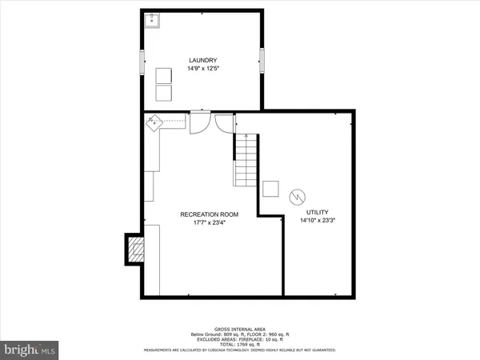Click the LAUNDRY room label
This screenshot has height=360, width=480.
coord(202,61)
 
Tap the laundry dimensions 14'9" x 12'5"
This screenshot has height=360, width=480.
coord(202,69)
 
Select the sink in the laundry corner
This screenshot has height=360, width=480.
coord(152,20)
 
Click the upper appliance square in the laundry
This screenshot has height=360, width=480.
coord(163,75)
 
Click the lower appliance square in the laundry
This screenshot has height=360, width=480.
coord(163,93)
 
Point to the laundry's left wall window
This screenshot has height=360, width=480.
coord(142,59)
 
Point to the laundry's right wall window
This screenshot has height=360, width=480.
coord(262,59)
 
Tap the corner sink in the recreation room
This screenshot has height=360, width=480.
coord(154,122)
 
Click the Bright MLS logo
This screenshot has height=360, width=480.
coord(30,349)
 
